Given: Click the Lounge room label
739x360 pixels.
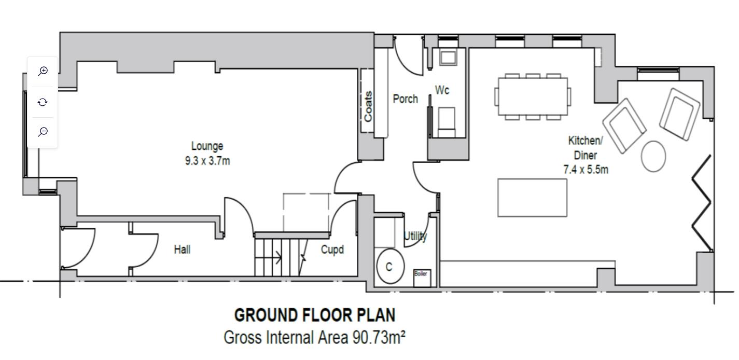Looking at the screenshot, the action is click(207, 146).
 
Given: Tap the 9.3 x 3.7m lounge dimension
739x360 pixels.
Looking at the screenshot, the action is click(207, 161).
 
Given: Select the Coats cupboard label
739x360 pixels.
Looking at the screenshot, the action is click(368, 106).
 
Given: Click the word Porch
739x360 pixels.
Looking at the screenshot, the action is click(406, 99).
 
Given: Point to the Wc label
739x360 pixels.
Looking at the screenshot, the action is click(442, 90).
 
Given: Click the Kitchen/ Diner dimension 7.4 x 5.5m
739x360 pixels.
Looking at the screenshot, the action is click(585, 170).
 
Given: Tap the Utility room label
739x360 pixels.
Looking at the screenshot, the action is click(416, 236).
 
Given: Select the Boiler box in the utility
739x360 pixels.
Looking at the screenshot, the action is click(422, 278).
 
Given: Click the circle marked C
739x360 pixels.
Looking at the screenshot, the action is click(391, 266).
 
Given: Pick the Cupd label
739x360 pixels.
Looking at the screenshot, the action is click(332, 250).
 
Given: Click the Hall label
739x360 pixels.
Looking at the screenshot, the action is click(182, 250).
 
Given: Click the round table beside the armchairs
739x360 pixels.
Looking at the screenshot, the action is click(653, 157).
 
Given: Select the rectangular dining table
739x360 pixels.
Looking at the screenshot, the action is click(533, 96).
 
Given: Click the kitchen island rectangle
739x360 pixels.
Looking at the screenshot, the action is click(533, 198).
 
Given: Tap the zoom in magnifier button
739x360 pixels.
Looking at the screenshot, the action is click(43, 71).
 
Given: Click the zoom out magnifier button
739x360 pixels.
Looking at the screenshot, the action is click(43, 132).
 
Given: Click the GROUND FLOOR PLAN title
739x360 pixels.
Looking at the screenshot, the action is click(315, 315).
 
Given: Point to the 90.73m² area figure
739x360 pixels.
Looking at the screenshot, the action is click(379, 337).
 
